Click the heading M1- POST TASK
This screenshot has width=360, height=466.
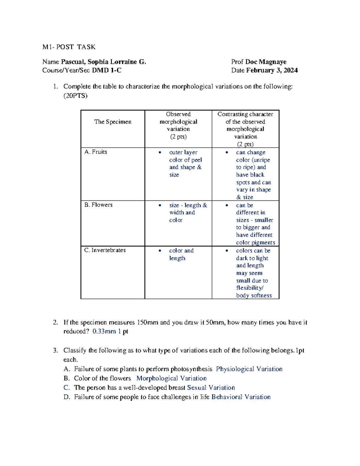pos(69,47)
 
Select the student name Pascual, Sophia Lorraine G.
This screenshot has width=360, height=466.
pos(103,62)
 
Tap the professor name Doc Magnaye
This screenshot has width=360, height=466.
pos(266,62)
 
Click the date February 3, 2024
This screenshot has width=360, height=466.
pos(272,70)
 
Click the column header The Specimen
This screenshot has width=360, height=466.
pos(113,122)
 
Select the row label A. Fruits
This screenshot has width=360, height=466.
pos(96,152)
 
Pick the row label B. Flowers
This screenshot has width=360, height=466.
pos(98,205)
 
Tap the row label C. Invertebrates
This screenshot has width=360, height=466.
pos(105,250)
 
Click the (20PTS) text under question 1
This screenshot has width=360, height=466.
pos(75,96)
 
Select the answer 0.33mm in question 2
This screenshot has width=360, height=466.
pos(104,331)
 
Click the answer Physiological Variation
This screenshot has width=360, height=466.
pos(249,369)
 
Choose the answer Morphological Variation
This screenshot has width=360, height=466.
pos(171,378)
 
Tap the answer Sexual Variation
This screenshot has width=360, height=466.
pos(211,387)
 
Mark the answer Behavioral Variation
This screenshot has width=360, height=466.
pos(241,397)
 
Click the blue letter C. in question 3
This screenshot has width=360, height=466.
pos(67,387)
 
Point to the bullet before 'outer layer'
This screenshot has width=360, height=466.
pos(160,152)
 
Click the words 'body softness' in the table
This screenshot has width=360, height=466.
pos(254,295)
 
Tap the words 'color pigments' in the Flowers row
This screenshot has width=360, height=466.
pos(255,242)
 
